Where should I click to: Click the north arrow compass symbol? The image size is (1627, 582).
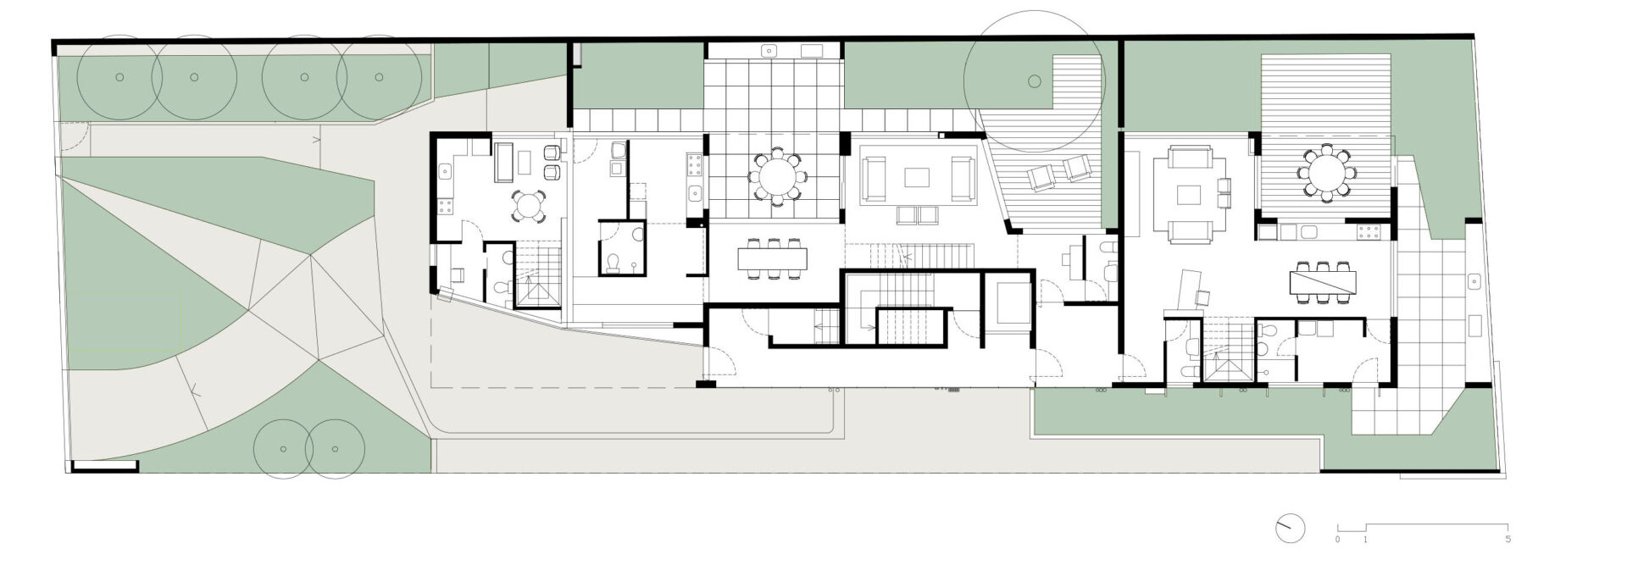coord(1289,529)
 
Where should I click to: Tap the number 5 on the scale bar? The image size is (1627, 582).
coord(1508,539)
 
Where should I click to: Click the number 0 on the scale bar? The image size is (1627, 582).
coord(1338,539)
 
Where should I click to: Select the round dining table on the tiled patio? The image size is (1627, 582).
coord(777,177)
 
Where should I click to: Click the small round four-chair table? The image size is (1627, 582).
coord(527,204)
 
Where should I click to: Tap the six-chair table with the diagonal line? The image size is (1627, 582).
coord(1322,280)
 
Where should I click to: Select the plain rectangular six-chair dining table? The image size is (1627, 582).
coord(773,257)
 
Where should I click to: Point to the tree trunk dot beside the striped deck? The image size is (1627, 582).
coord(1033,81)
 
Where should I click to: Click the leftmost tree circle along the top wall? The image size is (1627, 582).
coord(119,77)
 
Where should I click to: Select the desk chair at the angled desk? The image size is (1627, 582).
coord(1203,297)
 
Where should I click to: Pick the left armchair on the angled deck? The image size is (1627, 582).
coord(1041,178)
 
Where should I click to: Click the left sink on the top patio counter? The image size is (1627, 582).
coord(770,50)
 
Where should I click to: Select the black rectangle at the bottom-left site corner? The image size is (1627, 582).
coord(105,466)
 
